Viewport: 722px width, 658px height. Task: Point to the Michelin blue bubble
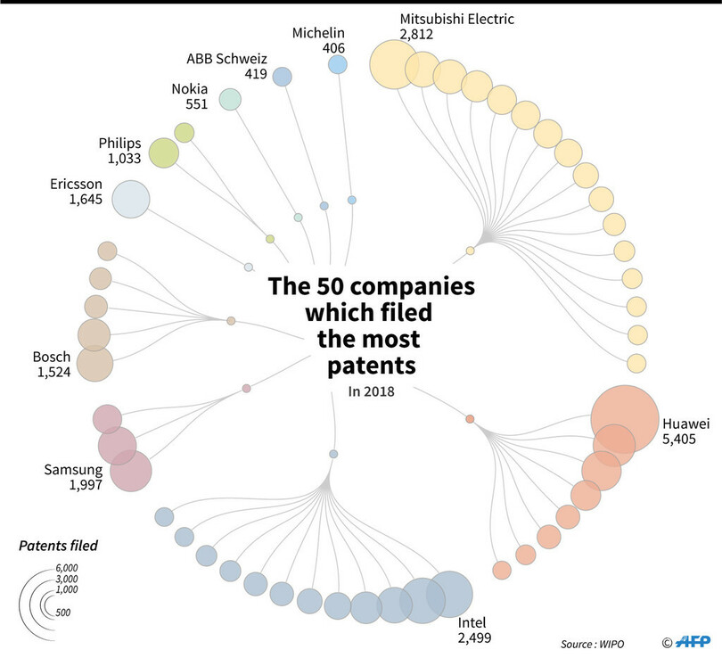click(337, 64)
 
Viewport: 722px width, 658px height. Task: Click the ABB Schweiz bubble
click(282, 77)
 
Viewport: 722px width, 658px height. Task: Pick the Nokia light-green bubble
click(230, 99)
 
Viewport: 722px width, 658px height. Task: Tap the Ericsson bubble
click(130, 199)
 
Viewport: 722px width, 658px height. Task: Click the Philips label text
click(119, 143)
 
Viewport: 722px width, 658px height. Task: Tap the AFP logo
click(692, 640)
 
